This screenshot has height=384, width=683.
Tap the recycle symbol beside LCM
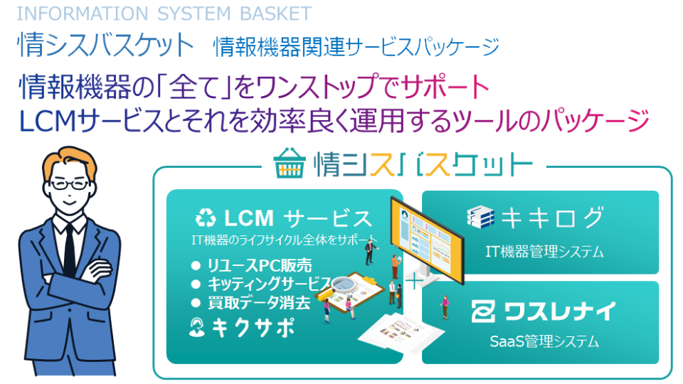[x=206, y=218]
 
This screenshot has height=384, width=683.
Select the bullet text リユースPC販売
[x=259, y=265]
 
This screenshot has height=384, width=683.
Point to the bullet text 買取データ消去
[x=259, y=302]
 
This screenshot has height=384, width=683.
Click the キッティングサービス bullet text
[x=269, y=284]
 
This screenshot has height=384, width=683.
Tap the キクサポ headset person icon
[x=197, y=327]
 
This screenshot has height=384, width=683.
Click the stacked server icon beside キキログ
[x=480, y=216]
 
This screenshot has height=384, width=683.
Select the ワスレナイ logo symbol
[x=483, y=311]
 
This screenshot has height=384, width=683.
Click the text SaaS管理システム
[x=544, y=341]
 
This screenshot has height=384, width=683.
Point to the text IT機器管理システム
[x=544, y=251]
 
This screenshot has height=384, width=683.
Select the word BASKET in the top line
[x=276, y=14]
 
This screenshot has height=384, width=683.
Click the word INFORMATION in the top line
[x=83, y=14]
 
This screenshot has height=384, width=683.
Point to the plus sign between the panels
[x=414, y=282]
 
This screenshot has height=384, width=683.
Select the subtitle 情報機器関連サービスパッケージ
[x=356, y=47]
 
